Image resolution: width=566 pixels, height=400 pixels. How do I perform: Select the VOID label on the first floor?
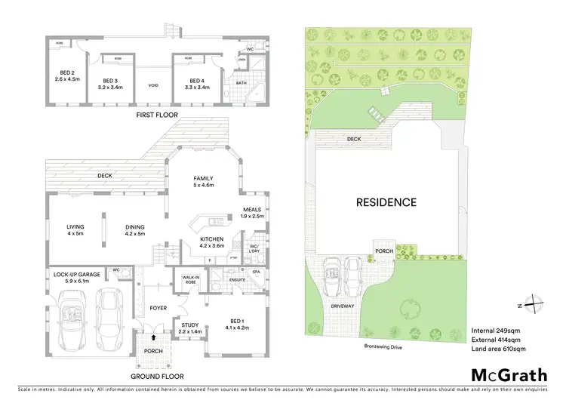click(x=154, y=85)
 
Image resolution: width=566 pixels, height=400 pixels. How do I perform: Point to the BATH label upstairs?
click(x=241, y=84)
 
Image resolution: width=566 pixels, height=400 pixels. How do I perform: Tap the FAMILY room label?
click(x=205, y=180)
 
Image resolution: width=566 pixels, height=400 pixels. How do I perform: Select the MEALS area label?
click(x=253, y=212)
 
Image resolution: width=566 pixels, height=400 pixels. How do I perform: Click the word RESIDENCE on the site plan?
click(x=386, y=202)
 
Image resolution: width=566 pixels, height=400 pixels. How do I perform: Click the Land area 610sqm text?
click(x=498, y=349)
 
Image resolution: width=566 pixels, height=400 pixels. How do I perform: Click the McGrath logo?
click(x=509, y=375)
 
